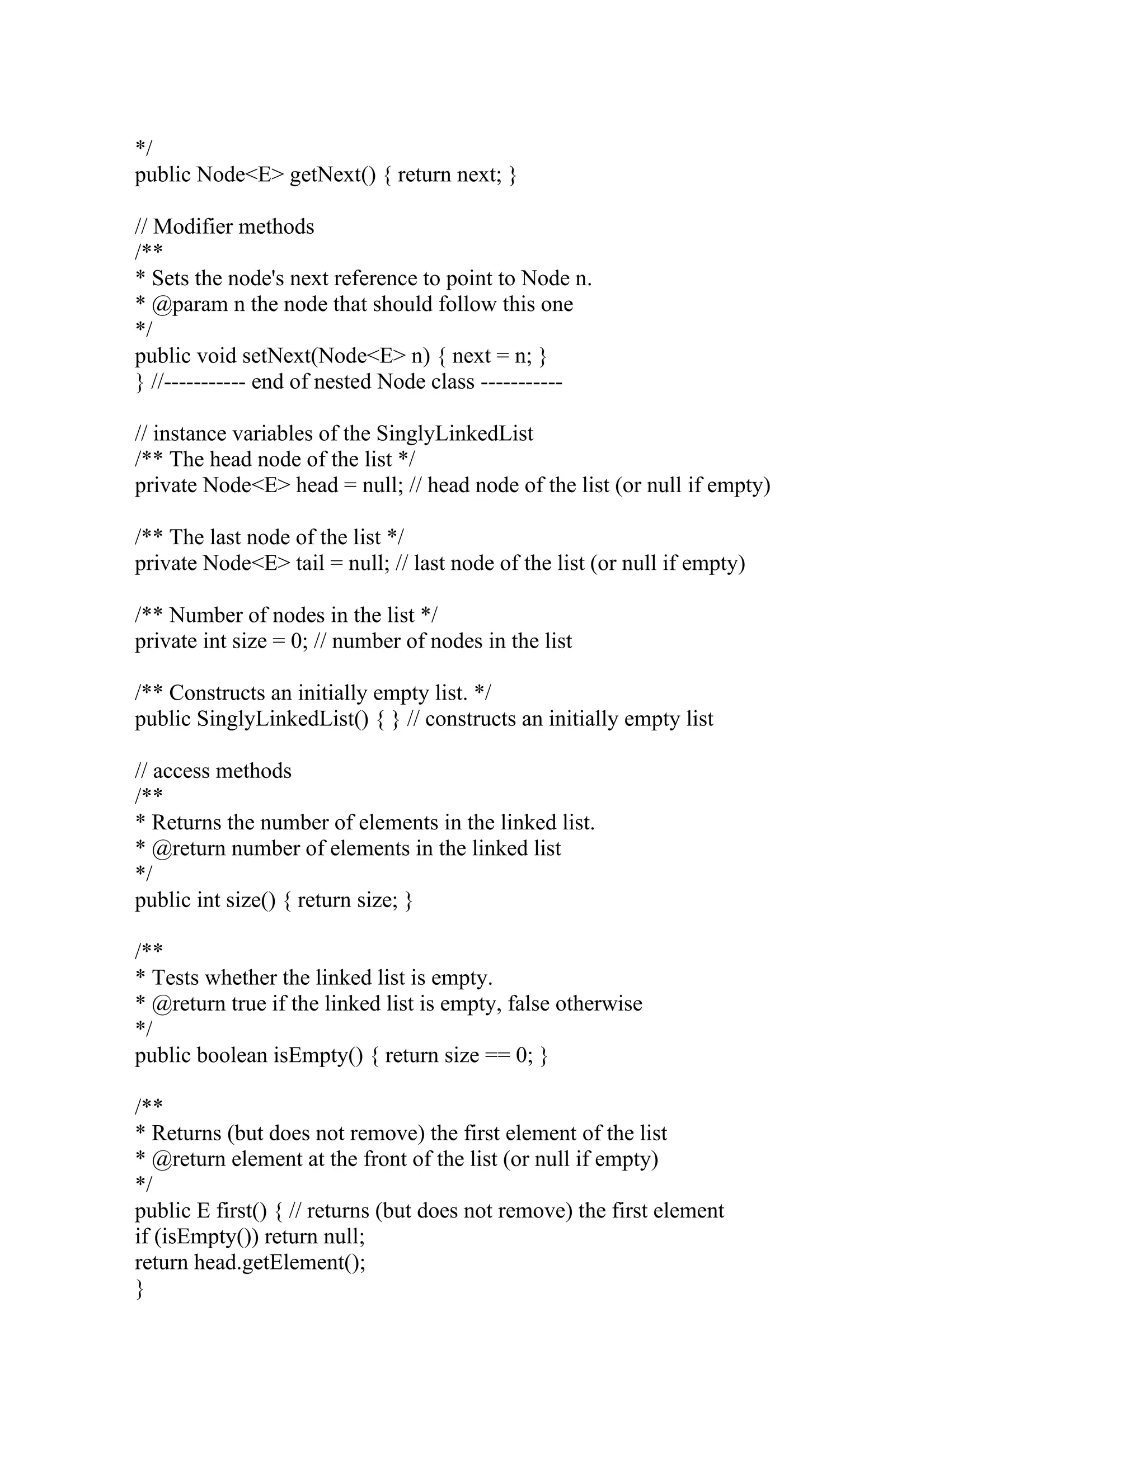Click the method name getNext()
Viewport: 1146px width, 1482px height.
[332, 175]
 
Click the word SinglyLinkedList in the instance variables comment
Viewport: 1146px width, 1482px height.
[454, 433]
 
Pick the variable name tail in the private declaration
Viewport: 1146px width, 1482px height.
[309, 563]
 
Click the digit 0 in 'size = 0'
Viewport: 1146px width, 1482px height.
[296, 641]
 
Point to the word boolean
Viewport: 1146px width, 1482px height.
[232, 1056]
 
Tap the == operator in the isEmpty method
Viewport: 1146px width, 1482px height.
[497, 1056]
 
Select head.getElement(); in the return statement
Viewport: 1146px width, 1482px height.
[280, 1263]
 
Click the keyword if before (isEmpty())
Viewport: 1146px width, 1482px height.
[141, 1237]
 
